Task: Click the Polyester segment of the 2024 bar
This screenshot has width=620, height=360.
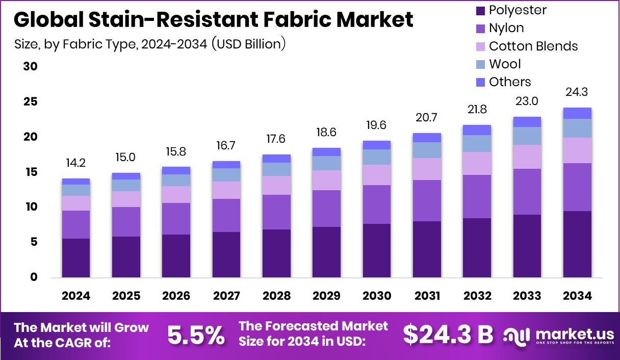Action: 76,258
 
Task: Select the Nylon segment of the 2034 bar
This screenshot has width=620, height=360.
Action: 577,187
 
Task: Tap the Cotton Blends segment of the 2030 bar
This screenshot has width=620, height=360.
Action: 377,174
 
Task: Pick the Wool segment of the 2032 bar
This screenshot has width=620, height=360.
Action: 477,143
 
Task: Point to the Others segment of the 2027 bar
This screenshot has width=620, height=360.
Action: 226,164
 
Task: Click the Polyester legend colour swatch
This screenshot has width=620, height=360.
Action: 480,10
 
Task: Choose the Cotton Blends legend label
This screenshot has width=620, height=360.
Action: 533,46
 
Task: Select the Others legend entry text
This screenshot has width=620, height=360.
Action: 510,82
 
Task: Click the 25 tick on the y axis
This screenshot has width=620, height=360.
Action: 31,101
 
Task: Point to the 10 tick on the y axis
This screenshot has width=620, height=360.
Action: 31,207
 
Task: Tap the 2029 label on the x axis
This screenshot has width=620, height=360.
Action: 326,296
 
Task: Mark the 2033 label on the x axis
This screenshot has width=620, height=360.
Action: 527,296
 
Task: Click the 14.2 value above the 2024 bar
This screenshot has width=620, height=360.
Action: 76,164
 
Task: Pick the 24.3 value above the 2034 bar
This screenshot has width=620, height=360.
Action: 577,93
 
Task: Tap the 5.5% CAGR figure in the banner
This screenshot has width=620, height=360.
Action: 196,335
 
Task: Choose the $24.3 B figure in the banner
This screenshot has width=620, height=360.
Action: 448,335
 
